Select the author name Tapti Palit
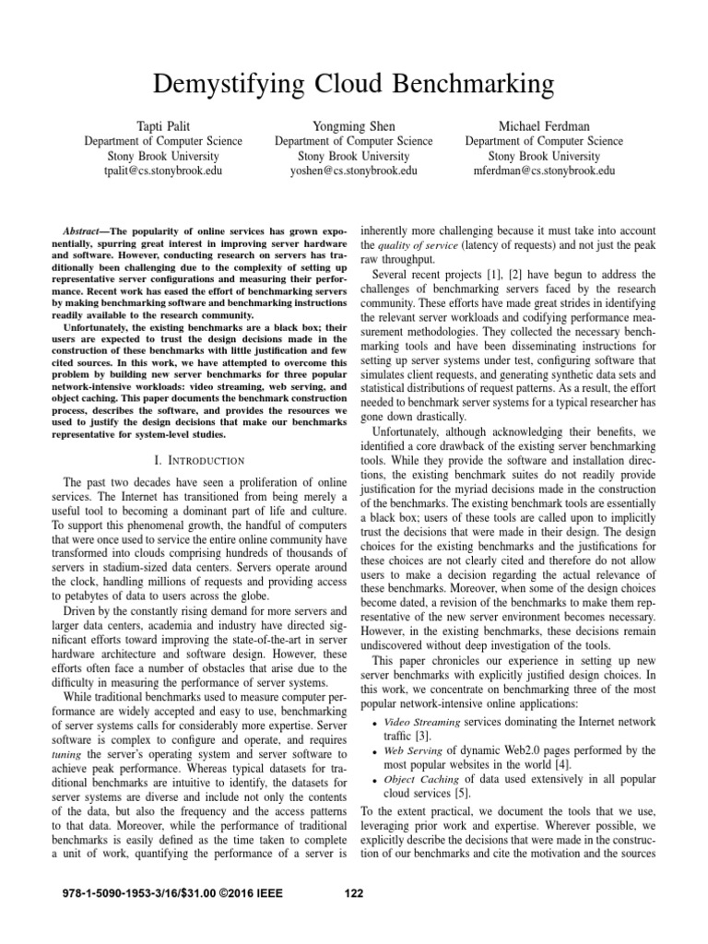click(x=163, y=125)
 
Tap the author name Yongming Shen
click(x=353, y=125)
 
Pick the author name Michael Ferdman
click(x=544, y=125)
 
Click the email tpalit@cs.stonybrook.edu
click(x=163, y=171)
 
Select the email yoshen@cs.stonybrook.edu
click(x=353, y=171)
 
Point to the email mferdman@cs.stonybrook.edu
click(x=544, y=171)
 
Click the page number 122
click(x=354, y=892)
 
